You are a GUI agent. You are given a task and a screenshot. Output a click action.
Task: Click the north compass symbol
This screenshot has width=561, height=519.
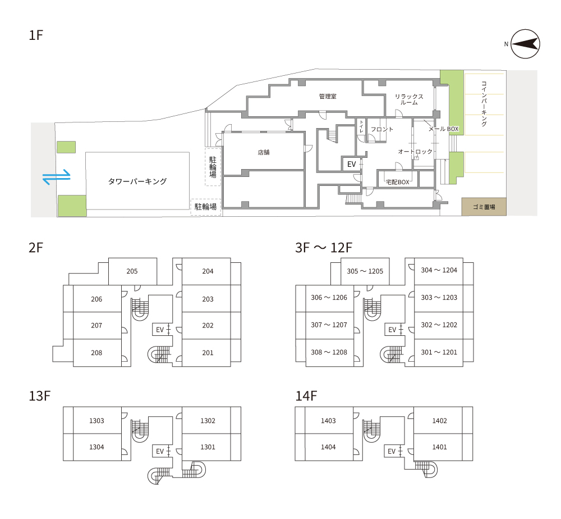525,44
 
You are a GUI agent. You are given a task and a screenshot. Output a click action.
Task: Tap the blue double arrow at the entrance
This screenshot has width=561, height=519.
57,176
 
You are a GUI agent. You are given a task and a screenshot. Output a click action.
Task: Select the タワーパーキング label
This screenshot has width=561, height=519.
137,181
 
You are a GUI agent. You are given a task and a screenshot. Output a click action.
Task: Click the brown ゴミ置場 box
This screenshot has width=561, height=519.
484,207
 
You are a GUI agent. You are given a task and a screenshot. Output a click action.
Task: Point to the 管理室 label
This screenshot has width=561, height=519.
328,97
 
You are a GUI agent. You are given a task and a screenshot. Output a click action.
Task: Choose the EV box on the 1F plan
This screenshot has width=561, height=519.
351,164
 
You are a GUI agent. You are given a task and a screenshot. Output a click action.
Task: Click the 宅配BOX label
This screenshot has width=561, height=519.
398,182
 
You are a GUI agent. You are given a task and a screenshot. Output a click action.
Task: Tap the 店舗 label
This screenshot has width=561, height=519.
264,152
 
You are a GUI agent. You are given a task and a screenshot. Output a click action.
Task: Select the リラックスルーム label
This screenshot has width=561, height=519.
409,99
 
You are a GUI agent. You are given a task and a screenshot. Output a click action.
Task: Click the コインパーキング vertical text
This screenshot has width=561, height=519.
484,104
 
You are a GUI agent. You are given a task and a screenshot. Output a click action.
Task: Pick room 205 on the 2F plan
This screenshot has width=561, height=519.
132,271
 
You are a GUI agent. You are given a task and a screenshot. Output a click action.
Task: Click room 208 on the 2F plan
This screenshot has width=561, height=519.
96,353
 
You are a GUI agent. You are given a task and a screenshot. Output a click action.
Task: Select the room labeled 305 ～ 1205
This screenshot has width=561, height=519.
365,271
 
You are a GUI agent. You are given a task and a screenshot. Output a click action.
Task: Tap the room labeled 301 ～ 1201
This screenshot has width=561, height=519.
439,352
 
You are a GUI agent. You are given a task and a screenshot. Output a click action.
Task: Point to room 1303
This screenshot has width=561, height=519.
96,421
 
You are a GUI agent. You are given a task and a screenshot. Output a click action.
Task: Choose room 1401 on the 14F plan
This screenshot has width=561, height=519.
439,447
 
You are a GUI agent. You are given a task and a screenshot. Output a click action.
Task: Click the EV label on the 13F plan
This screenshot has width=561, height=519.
160,451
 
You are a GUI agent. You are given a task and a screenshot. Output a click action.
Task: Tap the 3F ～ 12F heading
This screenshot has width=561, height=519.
324,248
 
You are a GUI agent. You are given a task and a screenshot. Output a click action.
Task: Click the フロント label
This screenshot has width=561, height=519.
381,129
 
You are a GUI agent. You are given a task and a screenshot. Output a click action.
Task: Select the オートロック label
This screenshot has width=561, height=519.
415,152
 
